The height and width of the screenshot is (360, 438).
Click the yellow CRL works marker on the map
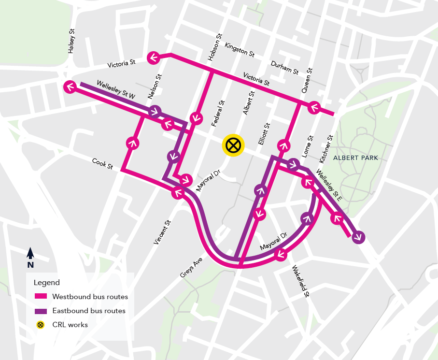[233, 145]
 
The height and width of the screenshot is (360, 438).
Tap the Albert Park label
[359, 158]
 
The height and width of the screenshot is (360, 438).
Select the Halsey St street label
[72, 41]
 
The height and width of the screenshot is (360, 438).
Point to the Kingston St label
[239, 49]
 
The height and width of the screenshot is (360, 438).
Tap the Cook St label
[103, 163]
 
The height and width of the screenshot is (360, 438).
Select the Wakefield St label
[299, 280]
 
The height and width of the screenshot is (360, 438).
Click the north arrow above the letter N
[30, 253]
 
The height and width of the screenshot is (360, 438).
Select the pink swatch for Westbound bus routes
[41, 296]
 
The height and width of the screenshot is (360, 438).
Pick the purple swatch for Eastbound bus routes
[41, 311]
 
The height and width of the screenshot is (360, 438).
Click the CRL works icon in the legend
[41, 325]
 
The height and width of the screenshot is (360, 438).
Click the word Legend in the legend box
[47, 282]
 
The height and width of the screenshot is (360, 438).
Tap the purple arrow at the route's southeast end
[359, 237]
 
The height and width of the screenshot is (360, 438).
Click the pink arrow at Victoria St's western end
[154, 58]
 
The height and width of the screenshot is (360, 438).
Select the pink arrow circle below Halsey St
[70, 87]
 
